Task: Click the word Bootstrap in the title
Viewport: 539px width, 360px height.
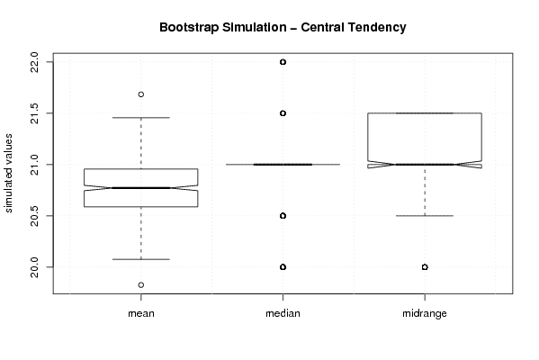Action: pyautogui.click(x=189, y=28)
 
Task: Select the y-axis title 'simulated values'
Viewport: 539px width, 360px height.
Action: pyautogui.click(x=8, y=174)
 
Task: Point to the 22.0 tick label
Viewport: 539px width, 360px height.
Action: pyautogui.click(x=34, y=62)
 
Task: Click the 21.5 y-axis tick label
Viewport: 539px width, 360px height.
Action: pyautogui.click(x=34, y=113)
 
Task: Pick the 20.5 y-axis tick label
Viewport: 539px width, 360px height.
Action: pyautogui.click(x=34, y=216)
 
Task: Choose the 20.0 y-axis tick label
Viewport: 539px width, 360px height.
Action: pyautogui.click(x=34, y=267)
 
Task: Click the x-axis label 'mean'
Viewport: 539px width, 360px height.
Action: pyautogui.click(x=141, y=313)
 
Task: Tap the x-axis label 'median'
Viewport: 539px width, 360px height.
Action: pyautogui.click(x=283, y=313)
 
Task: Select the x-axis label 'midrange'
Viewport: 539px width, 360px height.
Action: pyautogui.click(x=425, y=313)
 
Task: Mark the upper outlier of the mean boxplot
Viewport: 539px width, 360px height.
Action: pyautogui.click(x=141, y=94)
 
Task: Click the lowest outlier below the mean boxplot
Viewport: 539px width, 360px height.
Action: pyautogui.click(x=141, y=284)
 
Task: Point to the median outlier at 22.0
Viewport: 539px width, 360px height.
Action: pyautogui.click(x=283, y=62)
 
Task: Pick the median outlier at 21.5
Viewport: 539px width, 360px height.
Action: pyautogui.click(x=283, y=113)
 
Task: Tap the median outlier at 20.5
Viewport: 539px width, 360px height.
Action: pyautogui.click(x=283, y=216)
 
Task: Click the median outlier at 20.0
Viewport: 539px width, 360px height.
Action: pyautogui.click(x=283, y=266)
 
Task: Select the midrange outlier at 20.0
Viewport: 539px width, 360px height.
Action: pyautogui.click(x=425, y=266)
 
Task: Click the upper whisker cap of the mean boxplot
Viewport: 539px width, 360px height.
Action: pyautogui.click(x=141, y=118)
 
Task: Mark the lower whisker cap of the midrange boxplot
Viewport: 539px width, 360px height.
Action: pyautogui.click(x=425, y=216)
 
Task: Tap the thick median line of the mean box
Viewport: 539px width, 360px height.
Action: pyautogui.click(x=141, y=188)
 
